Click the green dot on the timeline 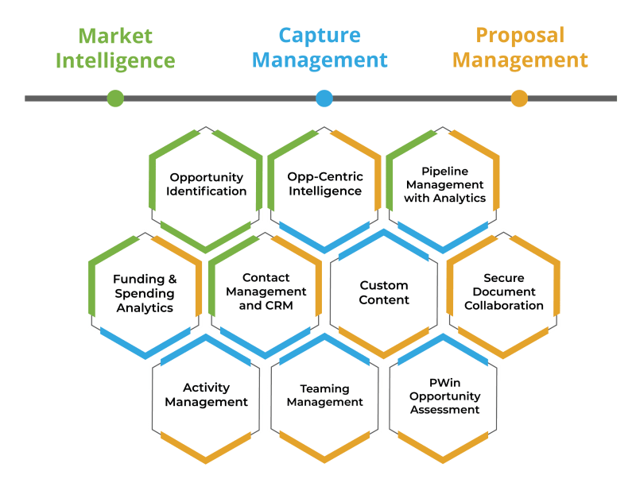point(115,98)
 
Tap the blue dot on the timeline point(324,98)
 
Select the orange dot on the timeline point(519,98)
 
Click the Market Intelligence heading point(115,48)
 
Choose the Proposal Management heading point(520,48)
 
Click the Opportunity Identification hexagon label point(207,184)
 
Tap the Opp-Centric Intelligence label point(325,184)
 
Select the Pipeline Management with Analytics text point(444,184)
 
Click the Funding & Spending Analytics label point(145,293)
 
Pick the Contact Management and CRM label point(266,292)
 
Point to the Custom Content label point(384,292)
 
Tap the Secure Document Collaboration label point(504,292)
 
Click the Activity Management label point(207,395)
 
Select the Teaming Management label point(324,395)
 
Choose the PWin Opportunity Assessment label point(445,396)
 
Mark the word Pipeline point(445,171)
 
